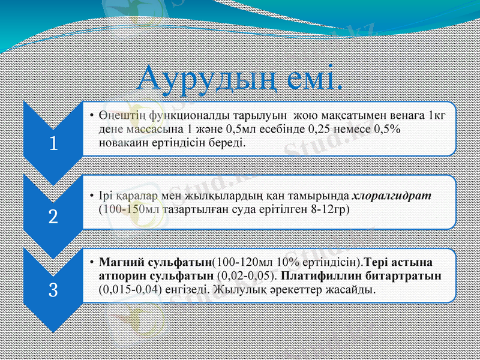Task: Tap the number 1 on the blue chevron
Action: (53, 144)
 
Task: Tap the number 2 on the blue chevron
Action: (53, 217)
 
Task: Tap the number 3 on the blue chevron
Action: (53, 291)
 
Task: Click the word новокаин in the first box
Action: (120, 142)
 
